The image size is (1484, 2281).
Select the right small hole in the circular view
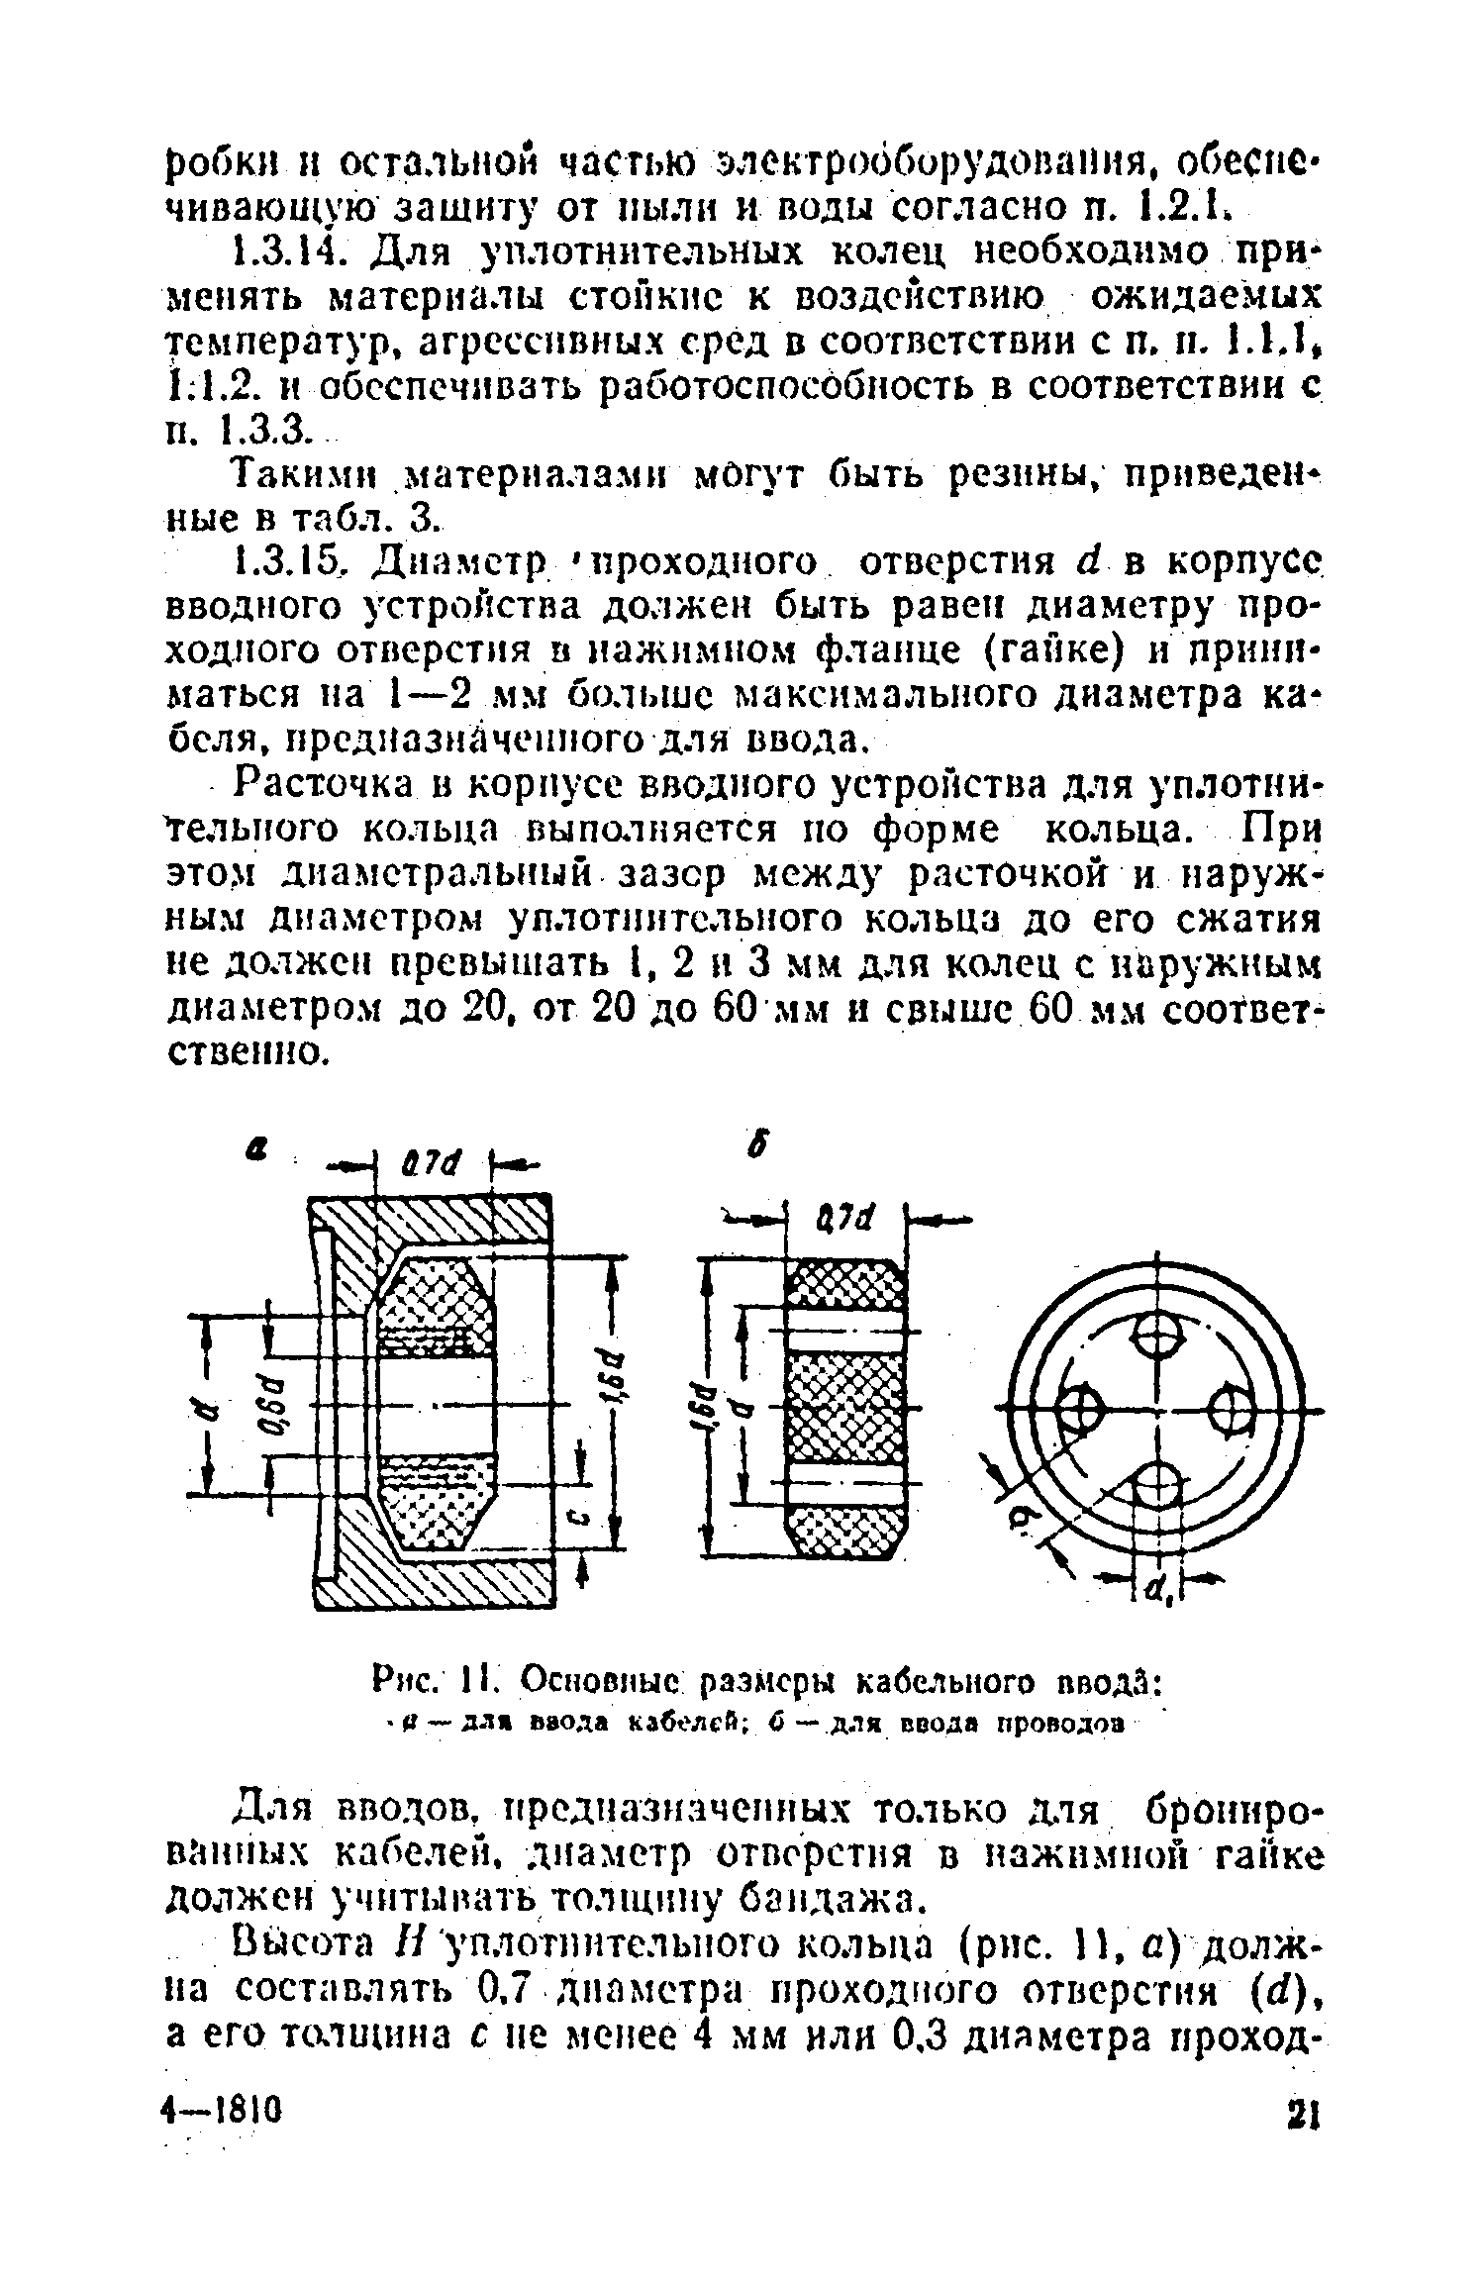coord(1231,1409)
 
